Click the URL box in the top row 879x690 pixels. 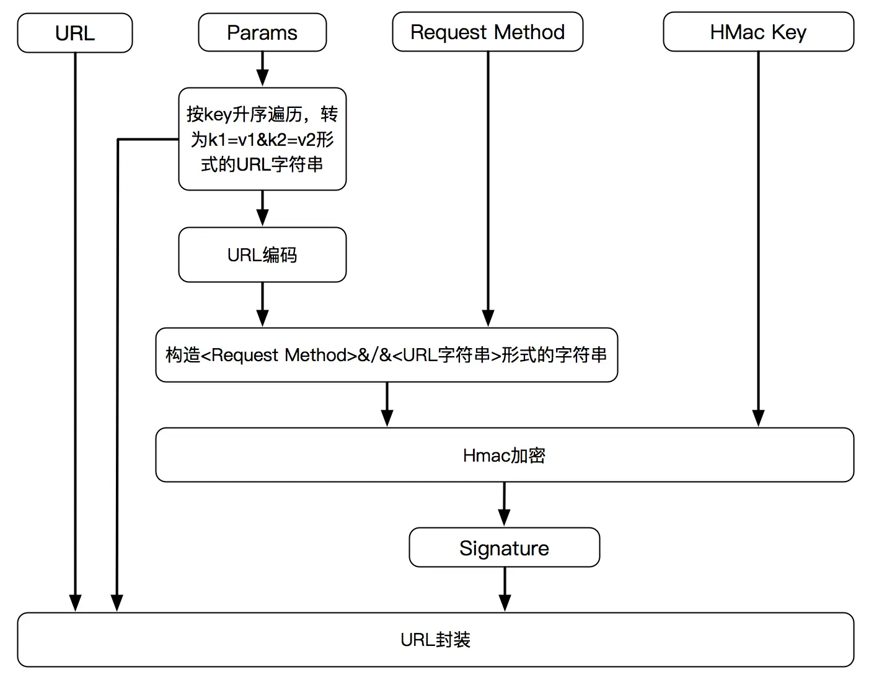tap(75, 33)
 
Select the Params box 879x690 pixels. tap(262, 33)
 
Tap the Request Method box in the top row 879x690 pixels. tap(487, 32)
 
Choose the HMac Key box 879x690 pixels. tap(758, 32)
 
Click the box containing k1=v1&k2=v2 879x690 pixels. tap(262, 139)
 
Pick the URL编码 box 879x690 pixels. tap(262, 255)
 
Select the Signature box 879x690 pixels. tap(504, 548)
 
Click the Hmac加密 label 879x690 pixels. tap(504, 455)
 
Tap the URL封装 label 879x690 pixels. tap(435, 640)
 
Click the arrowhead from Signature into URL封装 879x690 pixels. tap(505, 603)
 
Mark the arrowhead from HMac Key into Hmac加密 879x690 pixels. tap(758, 418)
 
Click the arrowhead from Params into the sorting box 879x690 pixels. tap(262, 78)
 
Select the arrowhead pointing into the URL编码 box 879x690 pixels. tap(262, 217)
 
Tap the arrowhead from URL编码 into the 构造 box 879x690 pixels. tap(262, 318)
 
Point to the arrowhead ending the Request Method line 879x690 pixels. tap(488, 318)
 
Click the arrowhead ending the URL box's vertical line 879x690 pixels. tap(75, 603)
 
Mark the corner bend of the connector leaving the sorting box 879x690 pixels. tap(118, 140)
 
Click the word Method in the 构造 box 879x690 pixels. tap(316, 355)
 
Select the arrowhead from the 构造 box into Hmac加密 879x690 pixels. tap(387, 418)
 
